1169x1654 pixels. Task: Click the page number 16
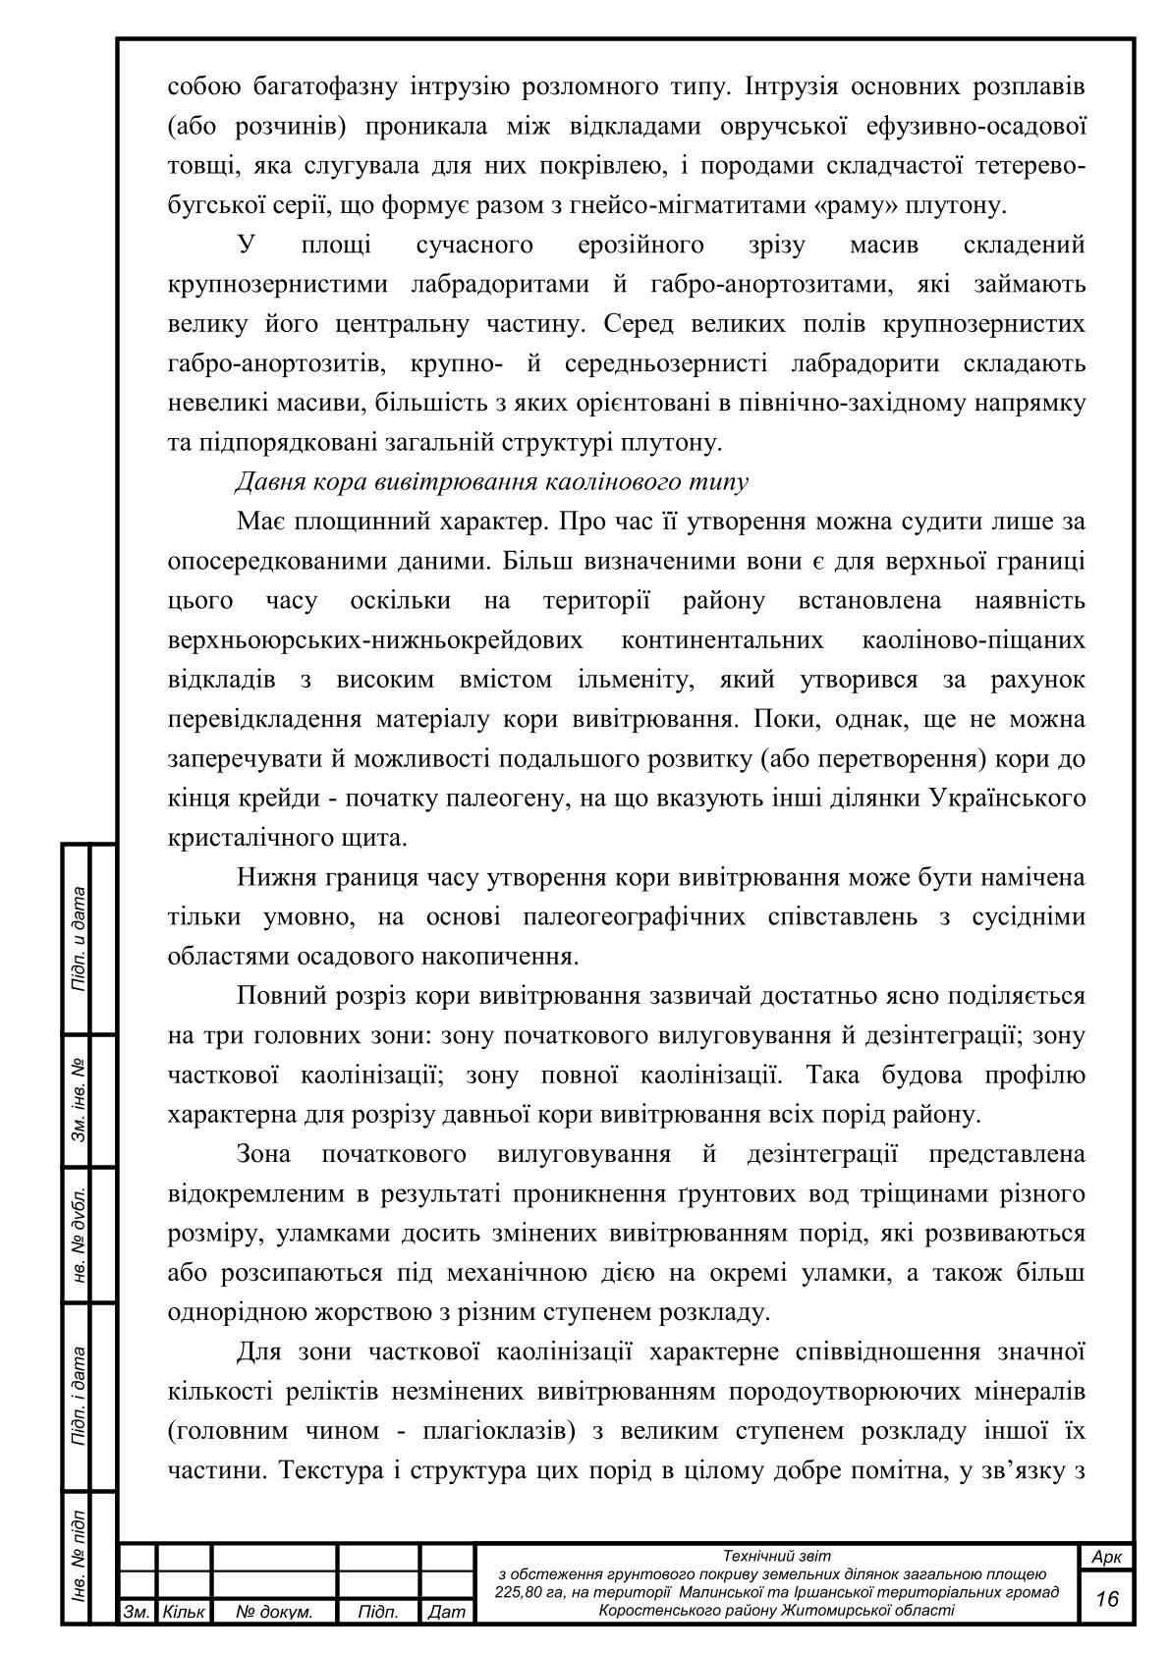point(1107,1599)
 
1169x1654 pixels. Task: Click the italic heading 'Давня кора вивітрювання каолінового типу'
point(491,482)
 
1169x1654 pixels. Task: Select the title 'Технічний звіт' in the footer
point(776,1556)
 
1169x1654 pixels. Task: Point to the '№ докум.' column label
point(275,1612)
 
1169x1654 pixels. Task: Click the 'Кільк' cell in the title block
point(184,1612)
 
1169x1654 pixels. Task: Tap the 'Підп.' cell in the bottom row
point(378,1612)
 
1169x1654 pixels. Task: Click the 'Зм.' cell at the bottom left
point(136,1612)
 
